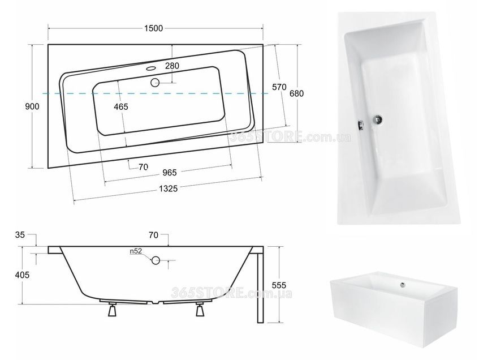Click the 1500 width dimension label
pyautogui.click(x=153, y=28)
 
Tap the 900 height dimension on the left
pyautogui.click(x=32, y=106)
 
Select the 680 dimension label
pyautogui.click(x=296, y=93)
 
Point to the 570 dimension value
pyautogui.click(x=279, y=87)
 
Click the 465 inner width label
pyautogui.click(x=121, y=107)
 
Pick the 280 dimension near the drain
pyautogui.click(x=172, y=66)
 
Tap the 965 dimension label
pyautogui.click(x=170, y=173)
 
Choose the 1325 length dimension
pyautogui.click(x=168, y=188)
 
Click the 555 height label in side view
pyautogui.click(x=279, y=285)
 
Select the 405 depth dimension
pyautogui.click(x=22, y=275)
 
